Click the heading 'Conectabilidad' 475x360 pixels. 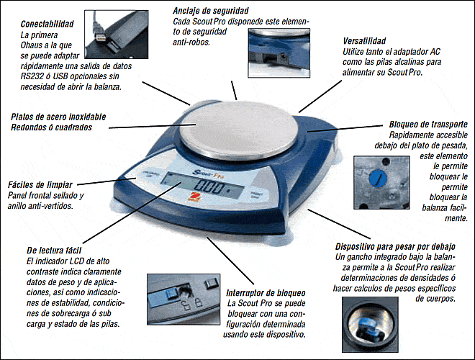pos(46,24)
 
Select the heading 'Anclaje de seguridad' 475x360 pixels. pos(210,11)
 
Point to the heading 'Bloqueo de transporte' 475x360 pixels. pos(428,124)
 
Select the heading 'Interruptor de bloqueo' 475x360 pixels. pos(266,294)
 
